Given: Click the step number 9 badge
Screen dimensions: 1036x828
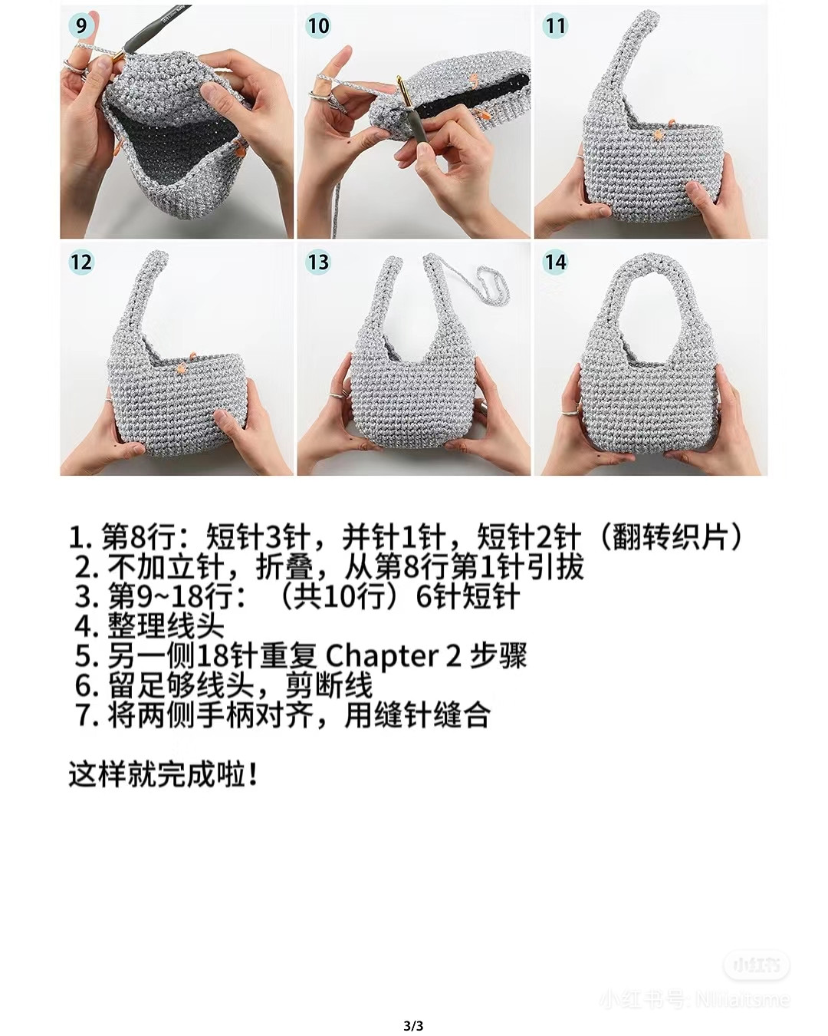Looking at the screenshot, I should point(80,26).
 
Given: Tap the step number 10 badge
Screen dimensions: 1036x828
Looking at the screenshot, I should point(317,26).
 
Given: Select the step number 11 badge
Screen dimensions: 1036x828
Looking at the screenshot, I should point(554,26).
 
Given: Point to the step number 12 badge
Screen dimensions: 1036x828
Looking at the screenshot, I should point(80,262).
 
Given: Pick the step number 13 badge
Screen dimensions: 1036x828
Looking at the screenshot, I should point(317,262).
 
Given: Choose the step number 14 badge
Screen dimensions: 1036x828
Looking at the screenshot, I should point(554,262).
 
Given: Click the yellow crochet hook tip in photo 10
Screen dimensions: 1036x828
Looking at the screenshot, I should point(399,83).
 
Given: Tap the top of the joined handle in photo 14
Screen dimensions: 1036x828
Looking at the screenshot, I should point(650,263).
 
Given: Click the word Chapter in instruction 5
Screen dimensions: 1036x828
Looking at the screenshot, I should point(381,656).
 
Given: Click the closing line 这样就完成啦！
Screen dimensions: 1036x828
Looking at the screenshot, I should point(163,774).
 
